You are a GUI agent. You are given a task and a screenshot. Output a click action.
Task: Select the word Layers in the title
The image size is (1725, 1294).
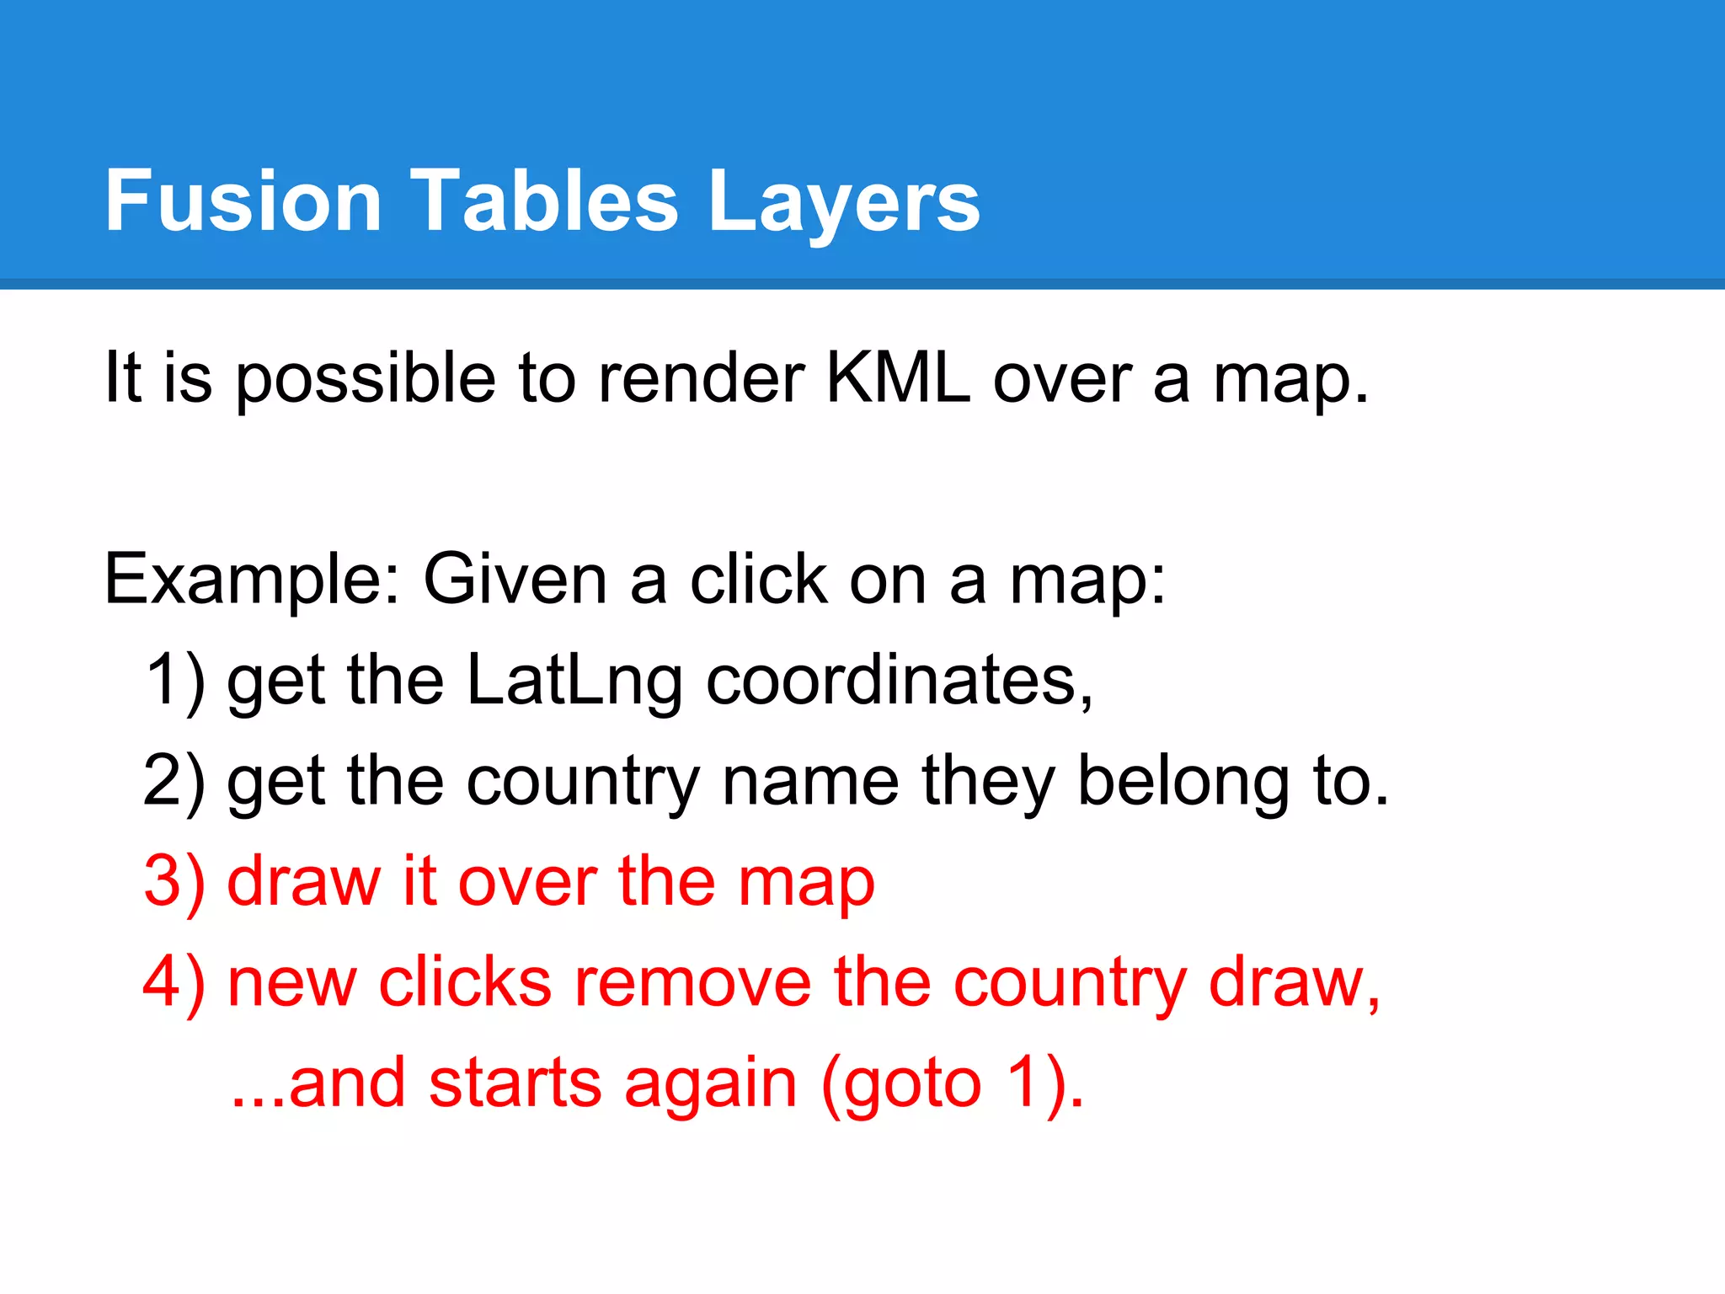(x=844, y=202)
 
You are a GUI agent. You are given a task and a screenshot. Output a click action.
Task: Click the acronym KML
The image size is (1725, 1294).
(x=898, y=377)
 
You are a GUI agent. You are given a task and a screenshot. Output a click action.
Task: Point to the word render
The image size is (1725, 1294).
(x=702, y=377)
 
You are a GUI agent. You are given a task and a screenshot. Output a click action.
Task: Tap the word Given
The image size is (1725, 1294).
(x=515, y=580)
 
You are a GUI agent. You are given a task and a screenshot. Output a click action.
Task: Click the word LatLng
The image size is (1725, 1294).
(x=574, y=681)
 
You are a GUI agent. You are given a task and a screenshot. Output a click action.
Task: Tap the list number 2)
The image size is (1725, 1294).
(x=174, y=781)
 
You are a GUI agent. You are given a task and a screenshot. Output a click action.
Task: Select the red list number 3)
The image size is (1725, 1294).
(x=174, y=882)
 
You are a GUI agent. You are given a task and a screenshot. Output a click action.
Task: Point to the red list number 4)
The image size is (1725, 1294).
(x=174, y=983)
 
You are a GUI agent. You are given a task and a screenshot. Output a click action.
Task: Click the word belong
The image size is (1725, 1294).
(x=1183, y=783)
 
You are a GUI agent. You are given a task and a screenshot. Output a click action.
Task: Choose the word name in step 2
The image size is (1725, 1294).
(x=810, y=781)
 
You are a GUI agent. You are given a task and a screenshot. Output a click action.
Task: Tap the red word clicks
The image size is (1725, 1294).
(x=465, y=982)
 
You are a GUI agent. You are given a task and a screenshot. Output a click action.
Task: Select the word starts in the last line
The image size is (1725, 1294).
(x=515, y=1083)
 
